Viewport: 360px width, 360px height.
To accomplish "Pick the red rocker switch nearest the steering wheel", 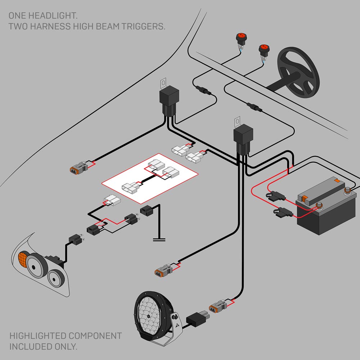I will (x=263, y=49).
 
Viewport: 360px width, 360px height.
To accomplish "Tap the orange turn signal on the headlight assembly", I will (x=22, y=259).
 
